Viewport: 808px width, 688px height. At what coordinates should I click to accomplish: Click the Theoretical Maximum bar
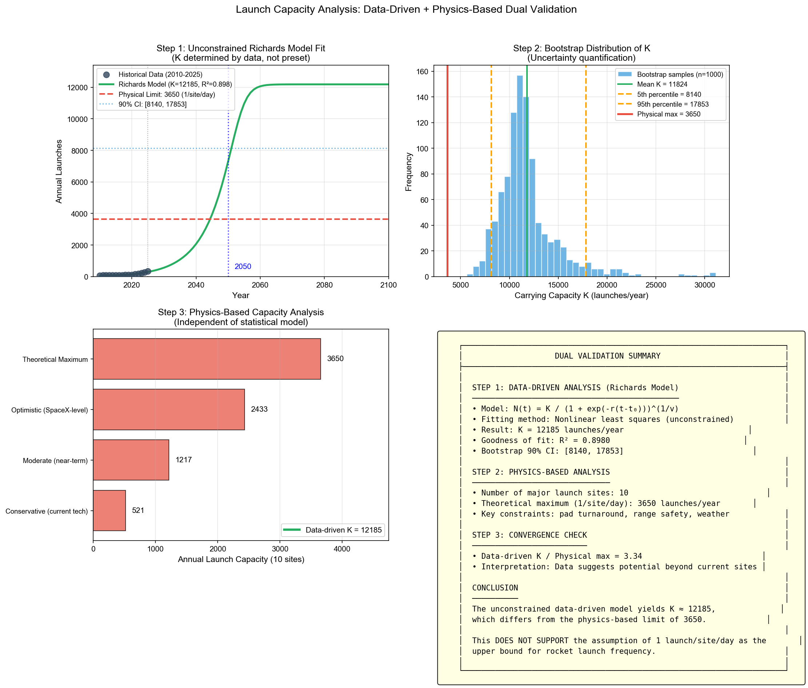click(207, 359)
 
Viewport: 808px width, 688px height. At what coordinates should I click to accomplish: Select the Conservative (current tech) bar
click(109, 510)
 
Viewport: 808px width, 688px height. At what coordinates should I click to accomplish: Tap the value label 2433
click(259, 409)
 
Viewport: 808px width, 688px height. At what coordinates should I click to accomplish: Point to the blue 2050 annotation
click(242, 266)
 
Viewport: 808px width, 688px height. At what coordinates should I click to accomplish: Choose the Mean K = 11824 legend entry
click(662, 84)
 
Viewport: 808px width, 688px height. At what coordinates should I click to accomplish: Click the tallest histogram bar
click(519, 175)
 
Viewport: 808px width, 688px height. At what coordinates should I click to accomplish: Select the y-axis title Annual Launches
click(59, 171)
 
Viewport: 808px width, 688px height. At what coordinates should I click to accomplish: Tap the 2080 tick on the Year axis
click(324, 285)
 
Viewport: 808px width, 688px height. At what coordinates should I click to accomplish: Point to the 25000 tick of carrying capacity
click(655, 285)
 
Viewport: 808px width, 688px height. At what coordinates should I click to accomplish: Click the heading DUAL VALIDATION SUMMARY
click(607, 356)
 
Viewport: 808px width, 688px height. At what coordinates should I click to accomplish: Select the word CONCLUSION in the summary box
click(495, 588)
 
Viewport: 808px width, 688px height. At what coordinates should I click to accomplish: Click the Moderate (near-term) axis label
click(55, 460)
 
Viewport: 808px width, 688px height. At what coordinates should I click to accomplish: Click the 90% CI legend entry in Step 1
click(152, 104)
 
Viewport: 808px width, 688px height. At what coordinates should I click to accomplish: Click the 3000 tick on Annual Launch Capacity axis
click(280, 549)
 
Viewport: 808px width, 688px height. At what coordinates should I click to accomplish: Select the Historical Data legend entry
click(160, 74)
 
